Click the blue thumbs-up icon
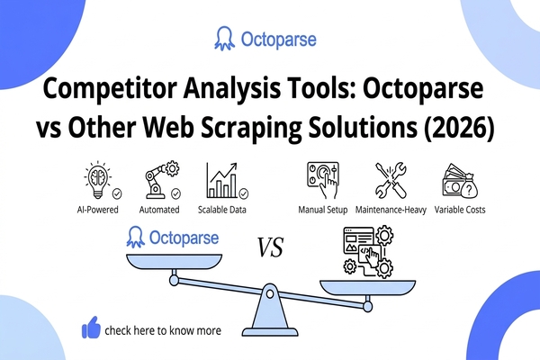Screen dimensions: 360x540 (91, 328)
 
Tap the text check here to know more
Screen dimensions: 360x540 (163, 330)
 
